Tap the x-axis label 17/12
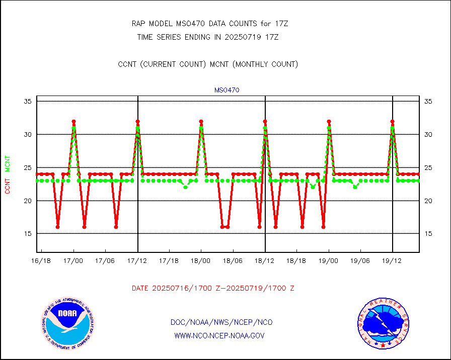137,260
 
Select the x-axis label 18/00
201,260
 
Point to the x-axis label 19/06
360,260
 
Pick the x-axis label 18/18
296,260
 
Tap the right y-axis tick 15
428,234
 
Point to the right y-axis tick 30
428,135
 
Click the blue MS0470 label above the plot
227,91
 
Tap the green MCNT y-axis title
8,163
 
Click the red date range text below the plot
213,289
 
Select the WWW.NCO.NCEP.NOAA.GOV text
219,335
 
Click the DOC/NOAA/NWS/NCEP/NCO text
221,322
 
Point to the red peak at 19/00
329,122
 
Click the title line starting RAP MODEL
209,24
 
